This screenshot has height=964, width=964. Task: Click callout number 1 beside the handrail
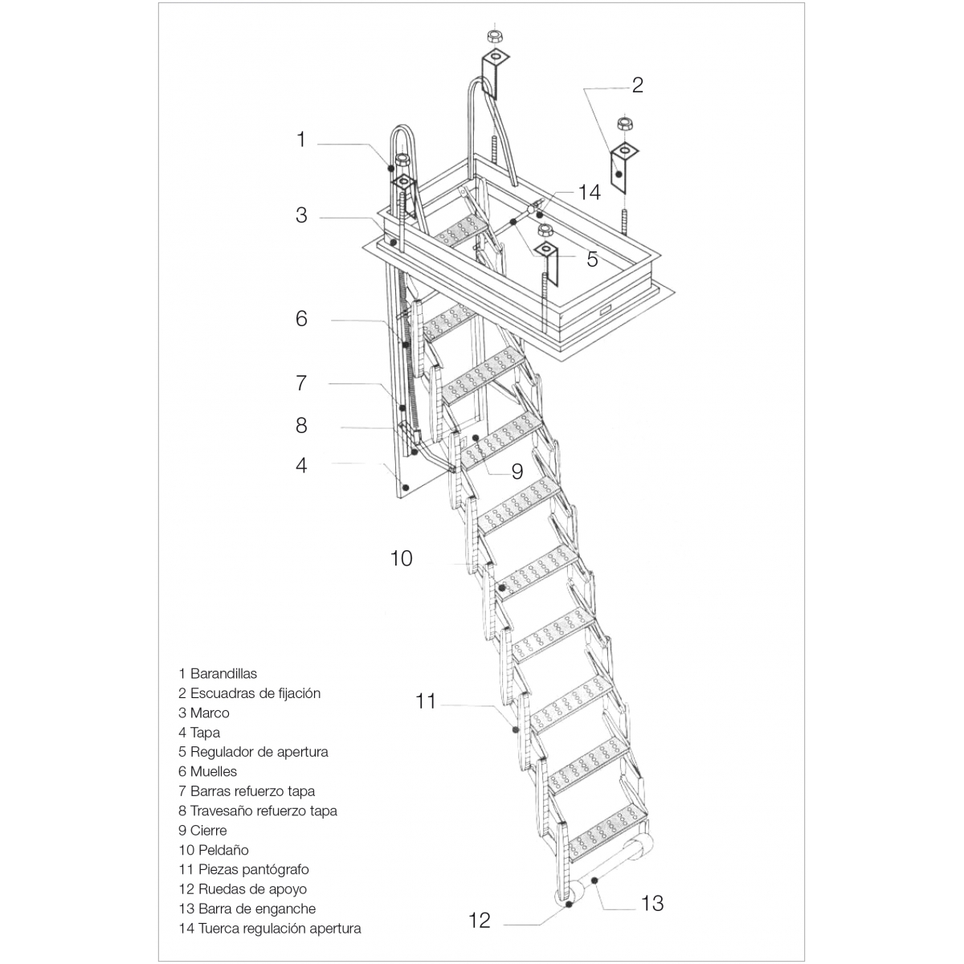coord(301,140)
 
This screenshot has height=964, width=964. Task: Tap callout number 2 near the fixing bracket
coord(637,85)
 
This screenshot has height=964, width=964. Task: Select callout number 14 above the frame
coord(589,192)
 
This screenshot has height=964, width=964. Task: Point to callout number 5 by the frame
coord(592,259)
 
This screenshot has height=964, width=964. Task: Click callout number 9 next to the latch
coord(517,470)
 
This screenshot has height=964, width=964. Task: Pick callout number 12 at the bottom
coord(479,920)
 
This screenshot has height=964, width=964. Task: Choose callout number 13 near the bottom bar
coord(652,903)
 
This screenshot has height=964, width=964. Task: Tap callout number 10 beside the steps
coord(401,558)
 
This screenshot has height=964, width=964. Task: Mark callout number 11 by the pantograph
coord(425,701)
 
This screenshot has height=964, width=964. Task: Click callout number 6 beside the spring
coord(301,319)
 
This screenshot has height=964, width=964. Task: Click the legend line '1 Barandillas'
coord(218,673)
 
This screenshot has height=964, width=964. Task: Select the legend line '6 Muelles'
coord(207,771)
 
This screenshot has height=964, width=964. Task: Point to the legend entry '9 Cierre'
coord(202,830)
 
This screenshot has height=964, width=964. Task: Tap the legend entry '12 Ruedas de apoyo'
coord(243,889)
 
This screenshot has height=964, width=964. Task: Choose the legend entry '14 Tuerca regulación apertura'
coord(269,929)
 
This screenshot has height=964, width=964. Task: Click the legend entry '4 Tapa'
coord(199,732)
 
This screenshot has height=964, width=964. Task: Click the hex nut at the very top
coord(494,36)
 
